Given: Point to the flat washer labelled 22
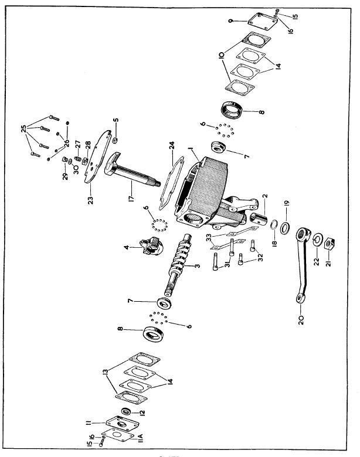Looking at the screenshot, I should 315,240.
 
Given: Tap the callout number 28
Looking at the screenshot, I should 87,144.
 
